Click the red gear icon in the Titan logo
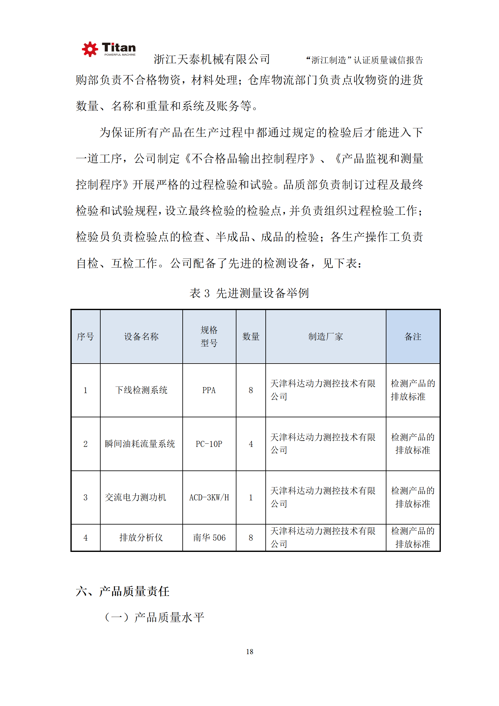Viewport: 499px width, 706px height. [x=90, y=49]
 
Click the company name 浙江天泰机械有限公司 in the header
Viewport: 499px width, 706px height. [x=212, y=59]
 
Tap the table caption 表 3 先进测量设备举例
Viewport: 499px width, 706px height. [x=249, y=293]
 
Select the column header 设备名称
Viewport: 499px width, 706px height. [x=141, y=336]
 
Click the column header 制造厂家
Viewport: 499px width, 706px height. [x=325, y=336]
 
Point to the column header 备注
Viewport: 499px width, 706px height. [x=413, y=336]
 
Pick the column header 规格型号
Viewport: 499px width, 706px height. [x=209, y=336]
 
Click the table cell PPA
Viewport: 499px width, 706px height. [x=209, y=390]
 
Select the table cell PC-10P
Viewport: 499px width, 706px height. [x=209, y=444]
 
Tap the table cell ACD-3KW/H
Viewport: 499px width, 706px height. [x=209, y=498]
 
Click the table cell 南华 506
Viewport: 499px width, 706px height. [x=209, y=538]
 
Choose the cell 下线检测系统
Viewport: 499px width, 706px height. [x=141, y=390]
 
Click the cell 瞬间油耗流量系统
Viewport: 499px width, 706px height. [x=140, y=444]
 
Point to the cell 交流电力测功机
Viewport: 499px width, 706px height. [x=136, y=498]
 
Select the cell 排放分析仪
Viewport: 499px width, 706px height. [x=141, y=538]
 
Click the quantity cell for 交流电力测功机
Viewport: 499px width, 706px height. [x=251, y=498]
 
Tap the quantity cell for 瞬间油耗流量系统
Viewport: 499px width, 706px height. [x=251, y=444]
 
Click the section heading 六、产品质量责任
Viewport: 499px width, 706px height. [x=123, y=592]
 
